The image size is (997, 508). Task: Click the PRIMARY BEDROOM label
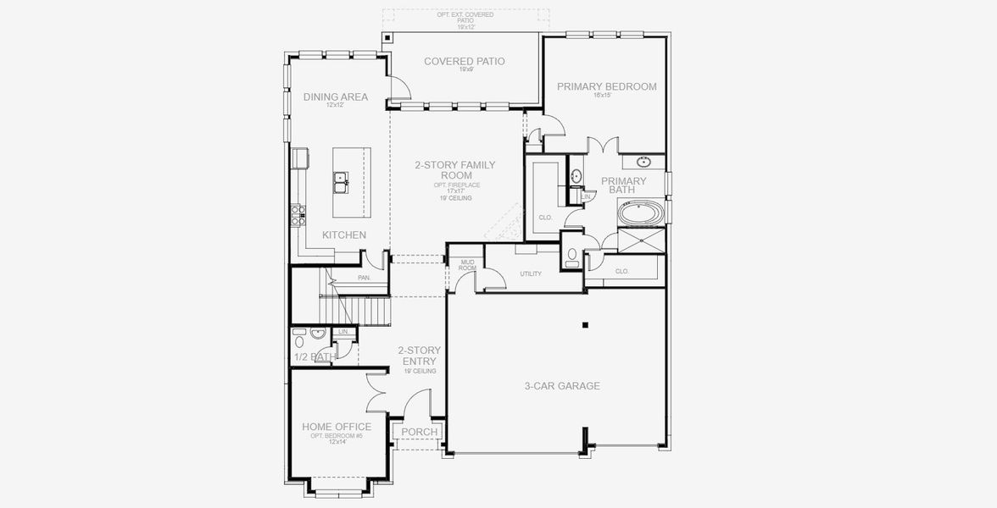tap(606, 86)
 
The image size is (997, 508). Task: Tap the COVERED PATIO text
tap(464, 61)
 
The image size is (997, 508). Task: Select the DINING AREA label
tap(336, 97)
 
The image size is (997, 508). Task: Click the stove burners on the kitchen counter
tap(298, 214)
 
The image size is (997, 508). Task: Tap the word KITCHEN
tap(344, 235)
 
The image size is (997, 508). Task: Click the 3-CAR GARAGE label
tap(561, 386)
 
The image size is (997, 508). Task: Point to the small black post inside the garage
tap(584, 324)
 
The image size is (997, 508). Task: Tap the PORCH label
tap(419, 432)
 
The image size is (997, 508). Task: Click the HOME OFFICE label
tap(337, 427)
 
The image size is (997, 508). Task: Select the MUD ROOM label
tap(467, 265)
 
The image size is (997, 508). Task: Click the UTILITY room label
tap(531, 273)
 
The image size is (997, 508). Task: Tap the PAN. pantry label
tap(365, 277)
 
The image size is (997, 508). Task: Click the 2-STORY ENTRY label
tap(419, 355)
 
